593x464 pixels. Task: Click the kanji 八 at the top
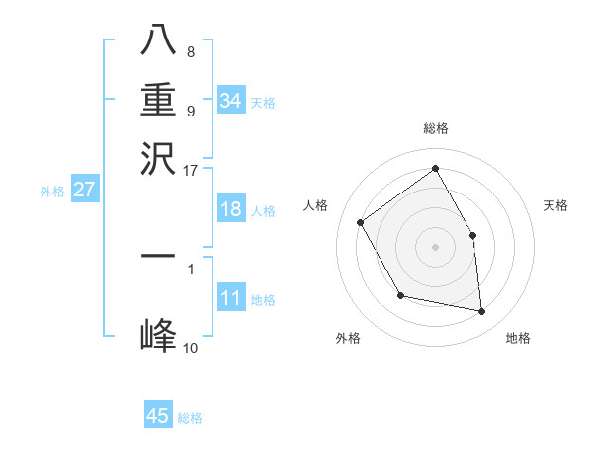pyautogui.click(x=158, y=42)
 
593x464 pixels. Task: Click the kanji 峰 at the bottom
pyautogui.click(x=158, y=335)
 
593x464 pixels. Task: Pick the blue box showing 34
pyautogui.click(x=230, y=101)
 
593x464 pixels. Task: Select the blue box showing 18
pyautogui.click(x=230, y=209)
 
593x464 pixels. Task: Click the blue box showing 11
pyautogui.click(x=230, y=299)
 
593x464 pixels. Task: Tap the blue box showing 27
pyautogui.click(x=84, y=190)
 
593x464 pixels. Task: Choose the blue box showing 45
pyautogui.click(x=158, y=416)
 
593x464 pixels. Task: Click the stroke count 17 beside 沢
pyautogui.click(x=191, y=169)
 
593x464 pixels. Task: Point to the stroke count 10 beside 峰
pyautogui.click(x=191, y=348)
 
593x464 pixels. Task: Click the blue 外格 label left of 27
pyautogui.click(x=52, y=192)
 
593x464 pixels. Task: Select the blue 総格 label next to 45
pyautogui.click(x=190, y=418)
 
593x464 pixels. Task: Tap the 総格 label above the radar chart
pyautogui.click(x=436, y=128)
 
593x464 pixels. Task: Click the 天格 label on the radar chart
pyautogui.click(x=555, y=205)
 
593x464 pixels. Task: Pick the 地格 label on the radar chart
pyautogui.click(x=518, y=338)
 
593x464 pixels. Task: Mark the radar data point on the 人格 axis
pyautogui.click(x=361, y=222)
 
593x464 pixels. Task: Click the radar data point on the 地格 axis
pyautogui.click(x=482, y=312)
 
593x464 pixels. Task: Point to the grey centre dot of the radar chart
pyautogui.click(x=436, y=247)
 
